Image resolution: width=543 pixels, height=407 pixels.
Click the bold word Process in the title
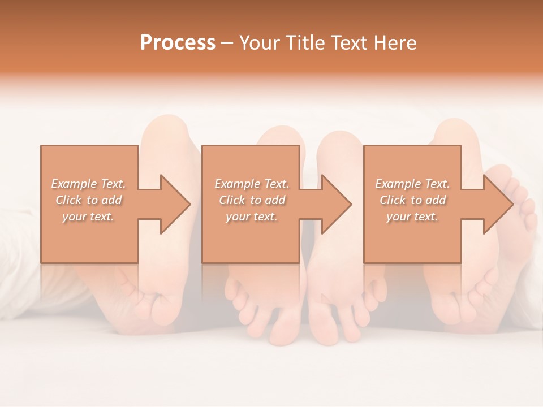pos(178,43)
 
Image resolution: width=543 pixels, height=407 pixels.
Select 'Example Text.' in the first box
pos(89,184)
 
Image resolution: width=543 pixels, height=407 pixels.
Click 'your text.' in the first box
pos(89,217)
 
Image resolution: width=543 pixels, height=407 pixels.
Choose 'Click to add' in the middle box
pos(252,200)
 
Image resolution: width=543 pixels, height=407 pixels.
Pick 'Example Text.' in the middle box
pos(252,184)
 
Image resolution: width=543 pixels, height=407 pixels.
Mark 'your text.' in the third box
pos(412,217)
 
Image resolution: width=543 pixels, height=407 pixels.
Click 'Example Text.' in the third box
pos(412,184)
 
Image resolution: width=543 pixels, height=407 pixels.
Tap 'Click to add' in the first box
pos(89,200)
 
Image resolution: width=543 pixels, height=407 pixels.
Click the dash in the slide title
pos(227,43)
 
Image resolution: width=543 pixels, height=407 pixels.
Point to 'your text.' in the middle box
pos(252,217)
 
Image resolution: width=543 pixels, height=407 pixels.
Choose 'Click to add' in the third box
pos(412,200)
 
